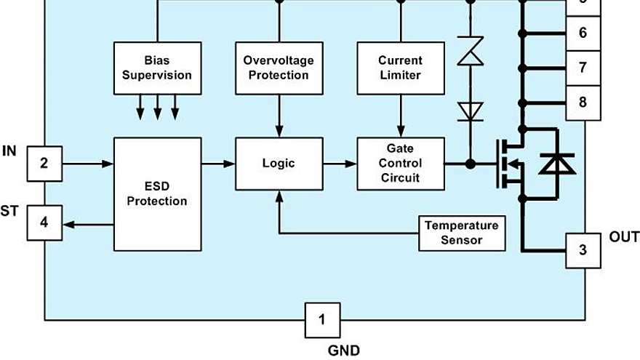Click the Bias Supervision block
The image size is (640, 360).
pos(157,68)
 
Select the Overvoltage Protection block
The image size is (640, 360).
pos(279,68)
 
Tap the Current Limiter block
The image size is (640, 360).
pos(400,68)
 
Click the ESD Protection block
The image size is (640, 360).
pos(157,193)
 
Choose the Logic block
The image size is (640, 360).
pos(279,164)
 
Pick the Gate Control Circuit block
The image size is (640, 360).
pos(400,164)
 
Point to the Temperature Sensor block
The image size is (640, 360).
pos(462,233)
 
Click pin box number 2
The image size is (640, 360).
pos(44,164)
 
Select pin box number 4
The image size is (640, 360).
pos(44,223)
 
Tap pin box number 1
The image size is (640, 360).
pos(322,319)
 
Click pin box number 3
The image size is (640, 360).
pos(583,251)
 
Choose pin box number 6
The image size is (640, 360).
pos(583,33)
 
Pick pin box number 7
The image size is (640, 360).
pos(583,68)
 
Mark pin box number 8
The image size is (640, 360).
pos(583,103)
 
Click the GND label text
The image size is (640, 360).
pos(343,351)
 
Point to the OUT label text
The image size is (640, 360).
pos(624,237)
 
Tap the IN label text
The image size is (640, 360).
pos(9,151)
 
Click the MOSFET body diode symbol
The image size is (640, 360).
pos(556,164)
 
